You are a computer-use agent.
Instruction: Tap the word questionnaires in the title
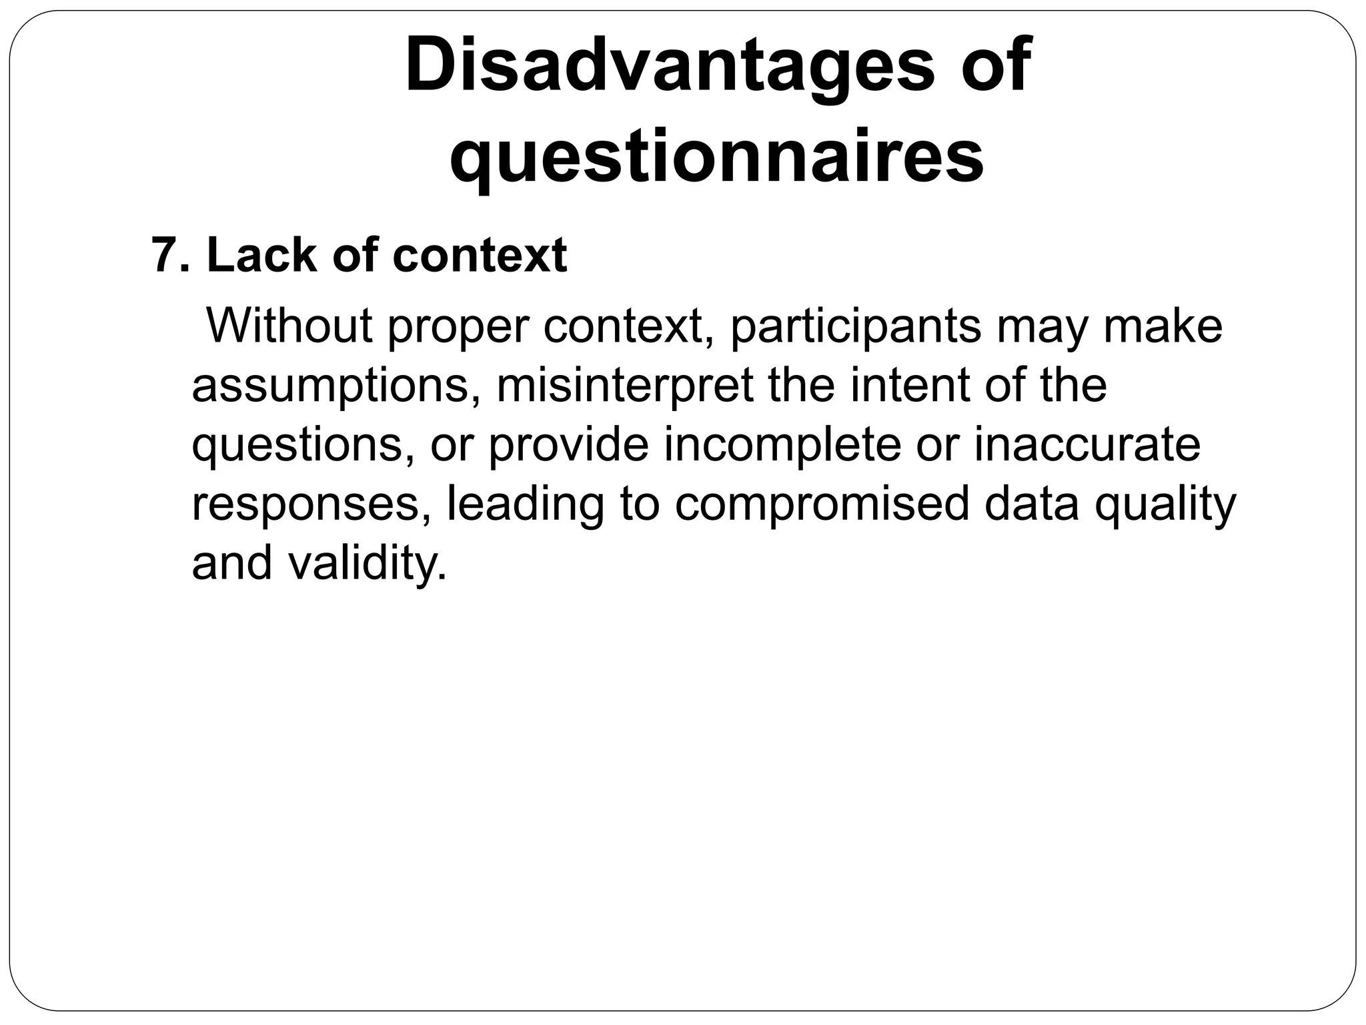[x=717, y=157]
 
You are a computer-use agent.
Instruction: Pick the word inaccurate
[x=1087, y=444]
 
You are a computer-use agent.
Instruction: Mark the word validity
[x=368, y=564]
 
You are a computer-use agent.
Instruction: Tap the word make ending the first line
[x=1163, y=326]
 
